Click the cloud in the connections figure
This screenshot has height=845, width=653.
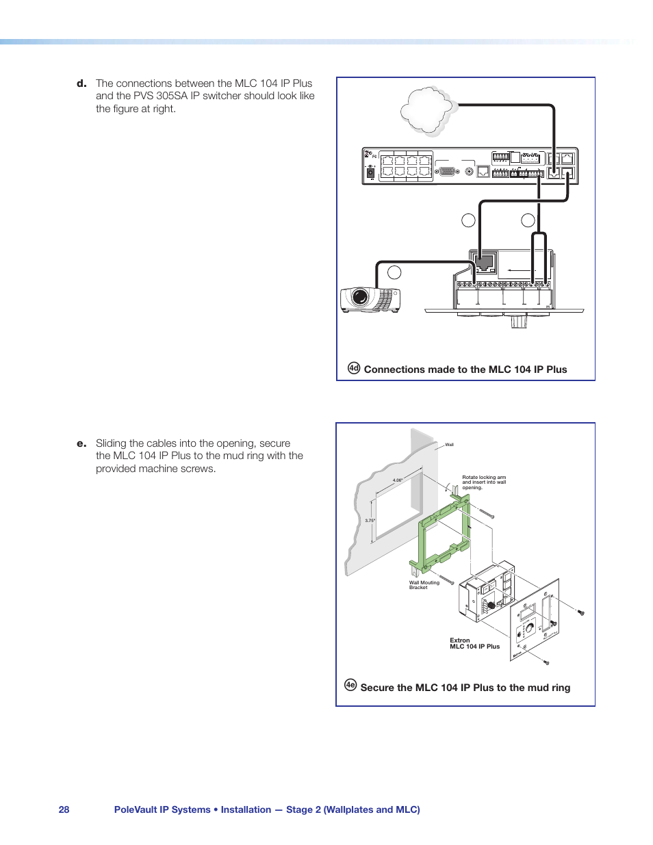pos(428,109)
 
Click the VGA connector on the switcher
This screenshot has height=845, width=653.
pos(447,171)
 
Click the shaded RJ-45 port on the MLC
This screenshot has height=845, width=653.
pos(485,261)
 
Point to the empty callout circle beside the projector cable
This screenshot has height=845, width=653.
pos(394,272)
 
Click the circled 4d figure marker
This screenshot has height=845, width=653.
pos(353,368)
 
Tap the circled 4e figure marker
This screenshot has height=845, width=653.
pos(350,685)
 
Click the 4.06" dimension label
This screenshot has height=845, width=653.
pos(398,480)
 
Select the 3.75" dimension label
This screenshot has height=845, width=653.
pos(370,521)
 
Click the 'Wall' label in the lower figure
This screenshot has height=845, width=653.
pos(449,445)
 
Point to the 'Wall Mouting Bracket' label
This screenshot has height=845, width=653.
pos(424,585)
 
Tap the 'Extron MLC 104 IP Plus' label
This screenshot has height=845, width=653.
pos(474,644)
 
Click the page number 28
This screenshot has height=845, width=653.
pos(64,809)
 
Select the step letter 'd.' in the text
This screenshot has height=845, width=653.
pos(81,83)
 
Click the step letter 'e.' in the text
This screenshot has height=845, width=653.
pos(81,443)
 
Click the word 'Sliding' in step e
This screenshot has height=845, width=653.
pos(111,443)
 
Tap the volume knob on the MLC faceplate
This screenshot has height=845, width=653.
pos(528,628)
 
